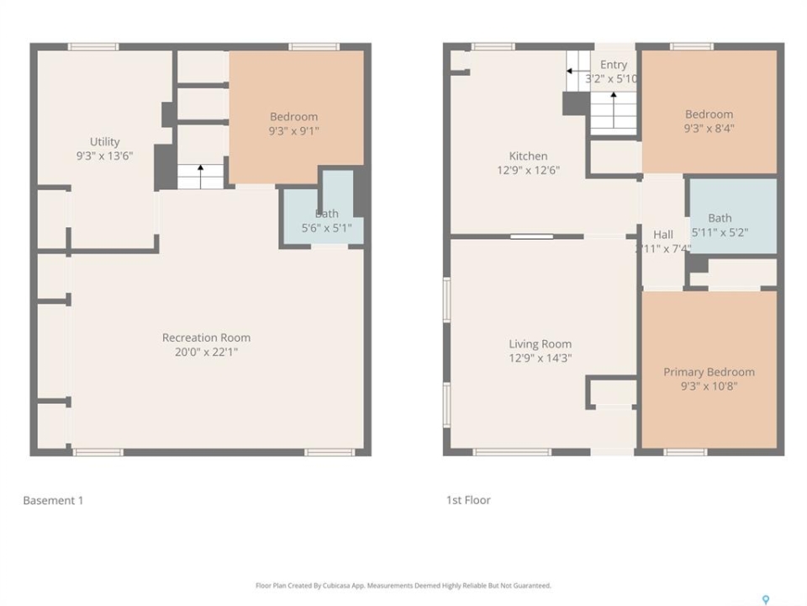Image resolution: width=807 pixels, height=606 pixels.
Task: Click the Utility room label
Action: point(105,149)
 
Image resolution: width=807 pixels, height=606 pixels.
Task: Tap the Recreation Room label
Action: point(207,345)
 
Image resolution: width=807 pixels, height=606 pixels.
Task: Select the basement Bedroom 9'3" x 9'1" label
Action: point(294,124)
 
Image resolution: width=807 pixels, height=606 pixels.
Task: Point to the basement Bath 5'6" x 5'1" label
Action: point(327,221)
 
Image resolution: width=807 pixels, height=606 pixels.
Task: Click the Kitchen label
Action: point(528,162)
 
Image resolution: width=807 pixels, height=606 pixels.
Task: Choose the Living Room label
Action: point(541,351)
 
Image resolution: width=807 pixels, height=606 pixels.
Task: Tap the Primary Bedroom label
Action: point(709,379)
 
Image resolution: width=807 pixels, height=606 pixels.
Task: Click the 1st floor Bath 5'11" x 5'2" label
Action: point(720,226)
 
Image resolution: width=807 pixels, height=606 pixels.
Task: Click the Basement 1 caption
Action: point(53,500)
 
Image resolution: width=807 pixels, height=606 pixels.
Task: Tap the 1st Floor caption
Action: point(468,500)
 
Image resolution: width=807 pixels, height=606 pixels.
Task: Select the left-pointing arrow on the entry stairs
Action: point(578,71)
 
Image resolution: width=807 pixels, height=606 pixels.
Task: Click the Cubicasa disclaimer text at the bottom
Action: point(403,586)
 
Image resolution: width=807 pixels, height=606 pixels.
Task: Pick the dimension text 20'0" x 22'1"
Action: point(207,352)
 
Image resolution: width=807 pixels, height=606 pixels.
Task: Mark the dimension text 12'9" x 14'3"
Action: point(541,359)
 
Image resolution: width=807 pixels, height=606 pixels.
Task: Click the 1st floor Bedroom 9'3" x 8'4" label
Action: point(709,121)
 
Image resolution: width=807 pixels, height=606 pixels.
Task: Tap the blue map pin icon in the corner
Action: point(766,599)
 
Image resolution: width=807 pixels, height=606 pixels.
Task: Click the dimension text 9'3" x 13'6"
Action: point(105,157)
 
